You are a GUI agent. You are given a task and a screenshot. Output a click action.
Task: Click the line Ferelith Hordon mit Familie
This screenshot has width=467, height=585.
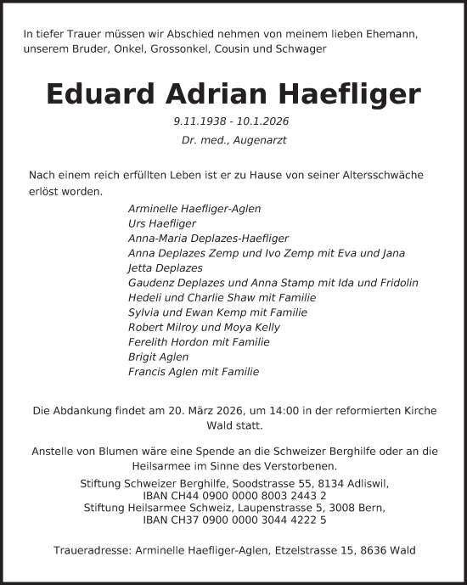tap(199, 341)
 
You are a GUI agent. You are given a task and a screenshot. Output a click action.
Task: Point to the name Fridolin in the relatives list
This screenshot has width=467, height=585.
tap(397, 283)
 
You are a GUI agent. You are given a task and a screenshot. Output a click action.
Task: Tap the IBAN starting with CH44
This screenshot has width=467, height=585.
tap(233, 495)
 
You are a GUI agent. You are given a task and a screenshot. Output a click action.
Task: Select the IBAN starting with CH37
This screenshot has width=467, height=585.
tap(233, 520)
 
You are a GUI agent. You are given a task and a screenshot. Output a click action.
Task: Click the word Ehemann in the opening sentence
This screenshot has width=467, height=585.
tap(393, 34)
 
